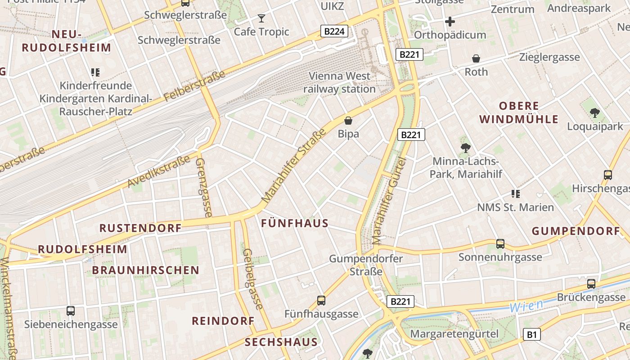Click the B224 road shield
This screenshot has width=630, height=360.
[334, 31]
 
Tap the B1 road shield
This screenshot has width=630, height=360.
[532, 334]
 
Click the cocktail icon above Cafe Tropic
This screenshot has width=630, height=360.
[261, 18]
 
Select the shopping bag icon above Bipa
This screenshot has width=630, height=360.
[348, 121]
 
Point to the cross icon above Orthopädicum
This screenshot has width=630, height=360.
[450, 21]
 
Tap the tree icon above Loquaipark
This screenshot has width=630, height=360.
[594, 113]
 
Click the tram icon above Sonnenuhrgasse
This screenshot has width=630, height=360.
[500, 244]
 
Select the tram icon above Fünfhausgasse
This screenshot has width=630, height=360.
[321, 300]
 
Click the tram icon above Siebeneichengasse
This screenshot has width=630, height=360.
[71, 310]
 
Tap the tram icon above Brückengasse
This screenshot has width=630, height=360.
[591, 284]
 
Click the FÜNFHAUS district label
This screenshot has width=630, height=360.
[295, 224]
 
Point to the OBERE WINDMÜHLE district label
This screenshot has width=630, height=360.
[518, 112]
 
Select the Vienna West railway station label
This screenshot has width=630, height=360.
[339, 82]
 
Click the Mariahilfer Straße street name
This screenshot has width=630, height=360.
[294, 166]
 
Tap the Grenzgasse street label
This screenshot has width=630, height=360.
[203, 187]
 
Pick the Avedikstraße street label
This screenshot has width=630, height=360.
[159, 172]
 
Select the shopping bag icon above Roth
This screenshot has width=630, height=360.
[476, 58]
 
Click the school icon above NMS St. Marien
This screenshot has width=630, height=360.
[515, 194]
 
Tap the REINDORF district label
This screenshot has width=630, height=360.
[223, 321]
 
